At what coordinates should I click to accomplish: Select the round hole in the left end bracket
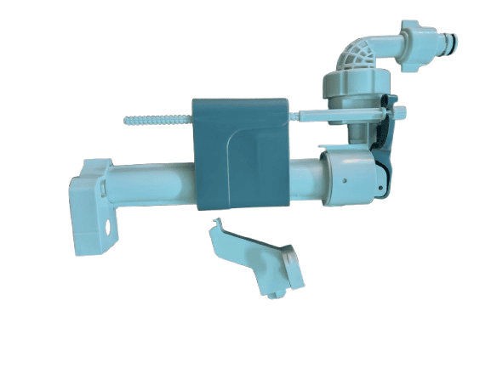click(110, 228)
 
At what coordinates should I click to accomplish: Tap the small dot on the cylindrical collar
click(344, 180)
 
